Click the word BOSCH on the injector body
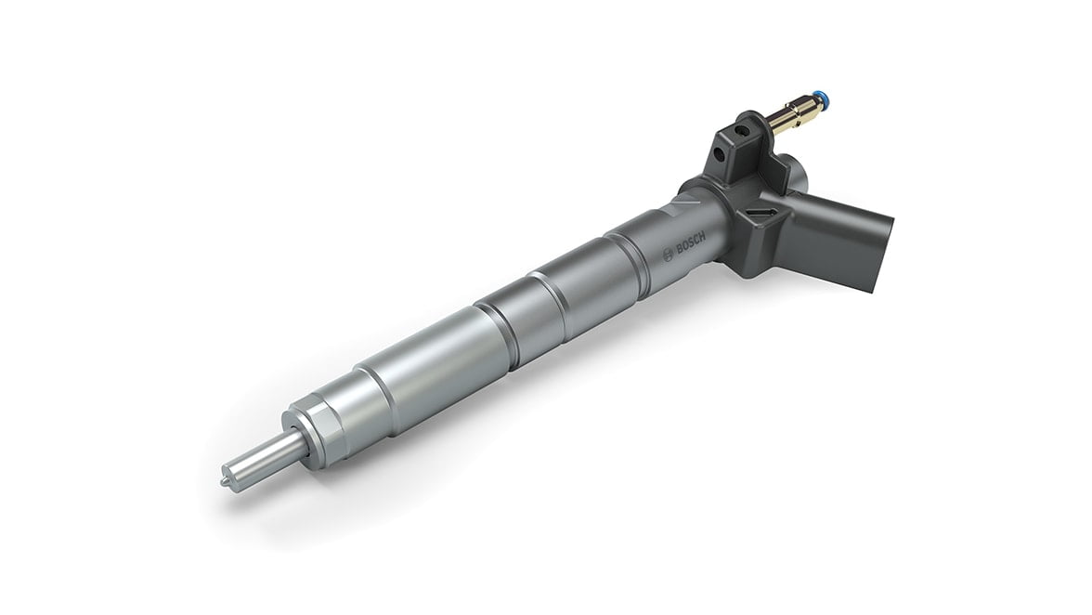pyautogui.click(x=692, y=243)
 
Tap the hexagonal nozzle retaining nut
pyautogui.click(x=314, y=430)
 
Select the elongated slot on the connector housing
pyautogui.click(x=760, y=217)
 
